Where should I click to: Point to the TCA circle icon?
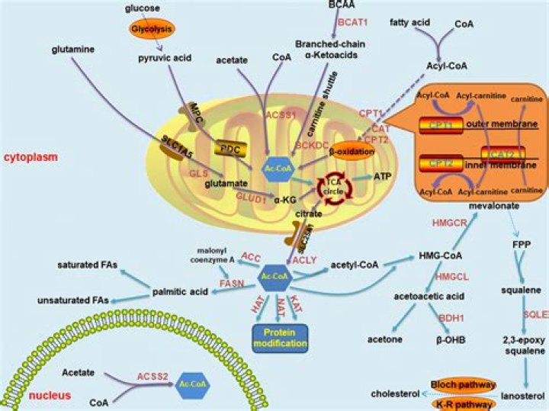coord(333,185)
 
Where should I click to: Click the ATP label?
coord(384,176)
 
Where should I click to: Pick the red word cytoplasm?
coord(31,156)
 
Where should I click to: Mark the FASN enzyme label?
coord(232,283)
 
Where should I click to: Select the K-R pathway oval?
coord(463,403)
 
